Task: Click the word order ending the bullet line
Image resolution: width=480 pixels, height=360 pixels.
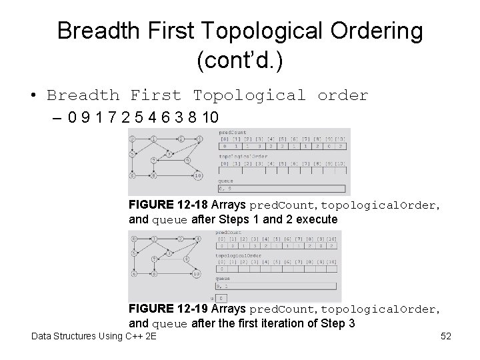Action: pyautogui.click(x=343, y=95)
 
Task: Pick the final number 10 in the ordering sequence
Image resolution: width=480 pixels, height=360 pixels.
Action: pyautogui.click(x=209, y=117)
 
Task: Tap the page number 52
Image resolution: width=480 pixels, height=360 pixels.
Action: pyautogui.click(x=446, y=336)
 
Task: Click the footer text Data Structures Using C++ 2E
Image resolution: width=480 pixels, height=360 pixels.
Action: pyautogui.click(x=94, y=336)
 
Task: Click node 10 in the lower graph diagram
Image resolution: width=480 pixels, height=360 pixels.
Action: pyautogui.click(x=196, y=273)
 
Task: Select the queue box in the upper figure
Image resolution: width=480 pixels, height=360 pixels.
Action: pyautogui.click(x=282, y=189)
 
